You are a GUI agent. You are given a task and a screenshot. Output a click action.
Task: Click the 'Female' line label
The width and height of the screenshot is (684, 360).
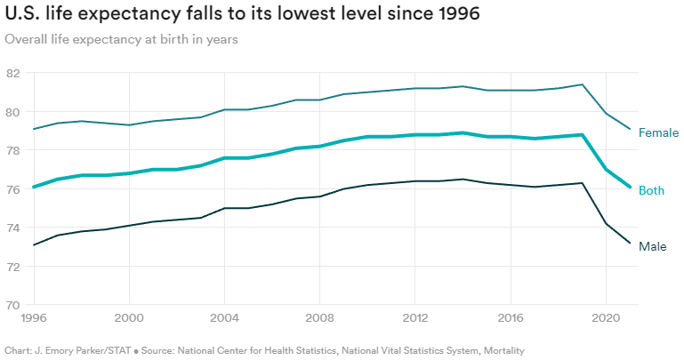pyautogui.click(x=659, y=133)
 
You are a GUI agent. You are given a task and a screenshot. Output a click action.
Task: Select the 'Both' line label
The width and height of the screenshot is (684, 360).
pyautogui.click(x=652, y=190)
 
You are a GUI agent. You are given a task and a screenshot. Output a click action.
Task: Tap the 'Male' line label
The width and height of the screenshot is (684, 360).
pyautogui.click(x=653, y=246)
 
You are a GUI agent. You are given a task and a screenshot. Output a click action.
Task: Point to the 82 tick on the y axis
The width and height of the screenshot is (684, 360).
pyautogui.click(x=12, y=73)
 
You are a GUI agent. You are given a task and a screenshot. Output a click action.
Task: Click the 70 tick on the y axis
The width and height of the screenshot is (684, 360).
pyautogui.click(x=12, y=305)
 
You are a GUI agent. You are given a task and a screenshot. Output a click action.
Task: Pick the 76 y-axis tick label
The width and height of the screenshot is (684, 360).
pyautogui.click(x=12, y=189)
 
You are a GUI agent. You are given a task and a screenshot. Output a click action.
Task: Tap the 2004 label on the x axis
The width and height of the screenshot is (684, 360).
pyautogui.click(x=224, y=317)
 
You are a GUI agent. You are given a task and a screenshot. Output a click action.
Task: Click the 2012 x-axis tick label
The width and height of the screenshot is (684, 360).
pyautogui.click(x=415, y=317)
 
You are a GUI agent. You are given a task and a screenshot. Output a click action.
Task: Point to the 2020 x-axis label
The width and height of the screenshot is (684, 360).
pyautogui.click(x=606, y=317)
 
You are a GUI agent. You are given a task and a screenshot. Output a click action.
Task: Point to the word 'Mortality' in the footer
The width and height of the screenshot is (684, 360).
pyautogui.click(x=501, y=351)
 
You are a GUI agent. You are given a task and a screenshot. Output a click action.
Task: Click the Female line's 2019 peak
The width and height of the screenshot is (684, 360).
pyautogui.click(x=582, y=84)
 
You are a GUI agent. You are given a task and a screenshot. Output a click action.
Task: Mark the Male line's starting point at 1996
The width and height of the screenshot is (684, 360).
pyautogui.click(x=34, y=245)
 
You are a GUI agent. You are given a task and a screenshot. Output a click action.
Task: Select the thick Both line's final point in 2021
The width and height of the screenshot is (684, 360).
pyautogui.click(x=630, y=188)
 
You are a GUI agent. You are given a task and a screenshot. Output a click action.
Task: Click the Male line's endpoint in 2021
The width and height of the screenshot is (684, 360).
pyautogui.click(x=630, y=244)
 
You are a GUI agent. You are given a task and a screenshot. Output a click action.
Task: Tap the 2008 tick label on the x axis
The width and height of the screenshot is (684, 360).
pyautogui.click(x=319, y=317)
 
